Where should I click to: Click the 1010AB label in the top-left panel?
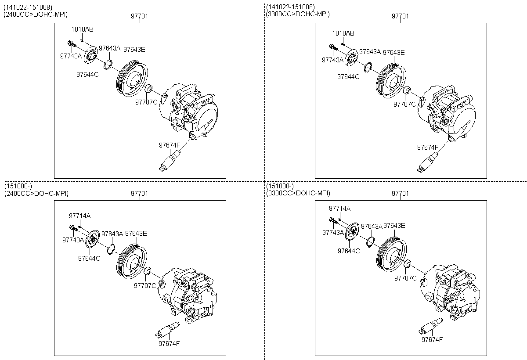click(83, 29)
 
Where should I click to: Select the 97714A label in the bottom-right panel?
click(340, 208)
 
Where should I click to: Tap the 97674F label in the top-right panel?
click(428, 147)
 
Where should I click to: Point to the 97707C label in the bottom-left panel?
click(145, 286)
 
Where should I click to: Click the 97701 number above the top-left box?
click(139, 16)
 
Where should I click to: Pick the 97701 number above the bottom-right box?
click(401, 193)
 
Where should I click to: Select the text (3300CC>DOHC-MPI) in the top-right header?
click(298, 14)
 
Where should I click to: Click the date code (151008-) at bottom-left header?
click(18, 187)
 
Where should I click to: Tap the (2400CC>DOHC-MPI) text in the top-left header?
click(36, 14)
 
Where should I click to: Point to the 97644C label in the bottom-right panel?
click(349, 251)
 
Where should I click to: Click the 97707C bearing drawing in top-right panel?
click(407, 91)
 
